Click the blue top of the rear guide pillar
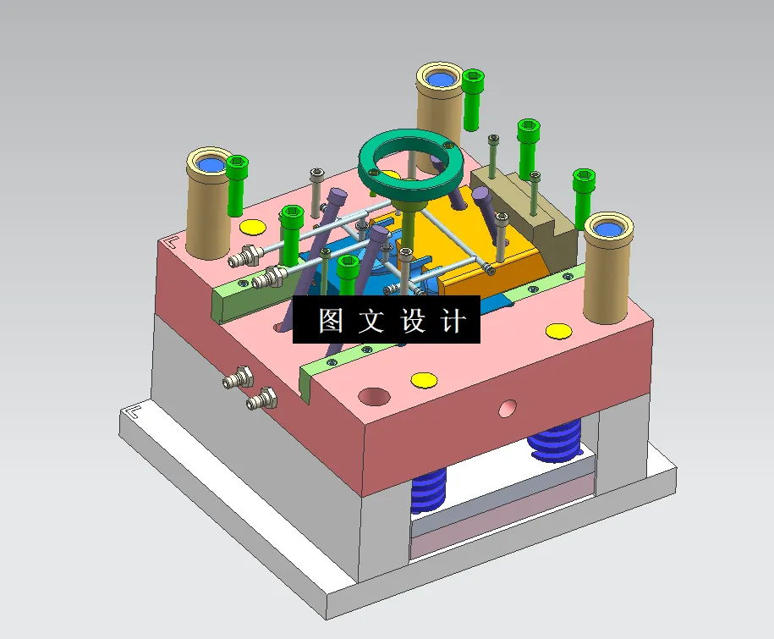439,80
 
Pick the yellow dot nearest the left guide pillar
252,226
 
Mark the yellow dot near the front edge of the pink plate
423,379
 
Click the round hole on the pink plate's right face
507,409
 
